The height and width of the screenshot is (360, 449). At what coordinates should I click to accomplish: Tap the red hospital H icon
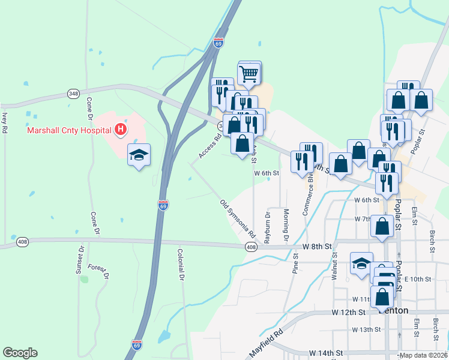121,129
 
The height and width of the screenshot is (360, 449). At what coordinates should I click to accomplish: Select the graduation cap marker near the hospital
139,155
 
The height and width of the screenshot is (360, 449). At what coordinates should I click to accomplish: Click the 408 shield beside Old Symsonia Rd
251,247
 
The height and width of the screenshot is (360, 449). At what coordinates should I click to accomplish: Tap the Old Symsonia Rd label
238,218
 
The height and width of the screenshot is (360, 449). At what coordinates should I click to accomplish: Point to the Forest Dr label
99,272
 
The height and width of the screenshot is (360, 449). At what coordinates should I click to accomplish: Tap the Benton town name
394,311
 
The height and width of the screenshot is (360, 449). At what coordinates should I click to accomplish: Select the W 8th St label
317,247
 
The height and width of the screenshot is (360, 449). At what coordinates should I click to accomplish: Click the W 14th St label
325,353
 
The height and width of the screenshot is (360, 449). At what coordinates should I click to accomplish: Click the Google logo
20,353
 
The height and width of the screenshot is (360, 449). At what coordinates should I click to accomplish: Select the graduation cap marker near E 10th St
362,264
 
